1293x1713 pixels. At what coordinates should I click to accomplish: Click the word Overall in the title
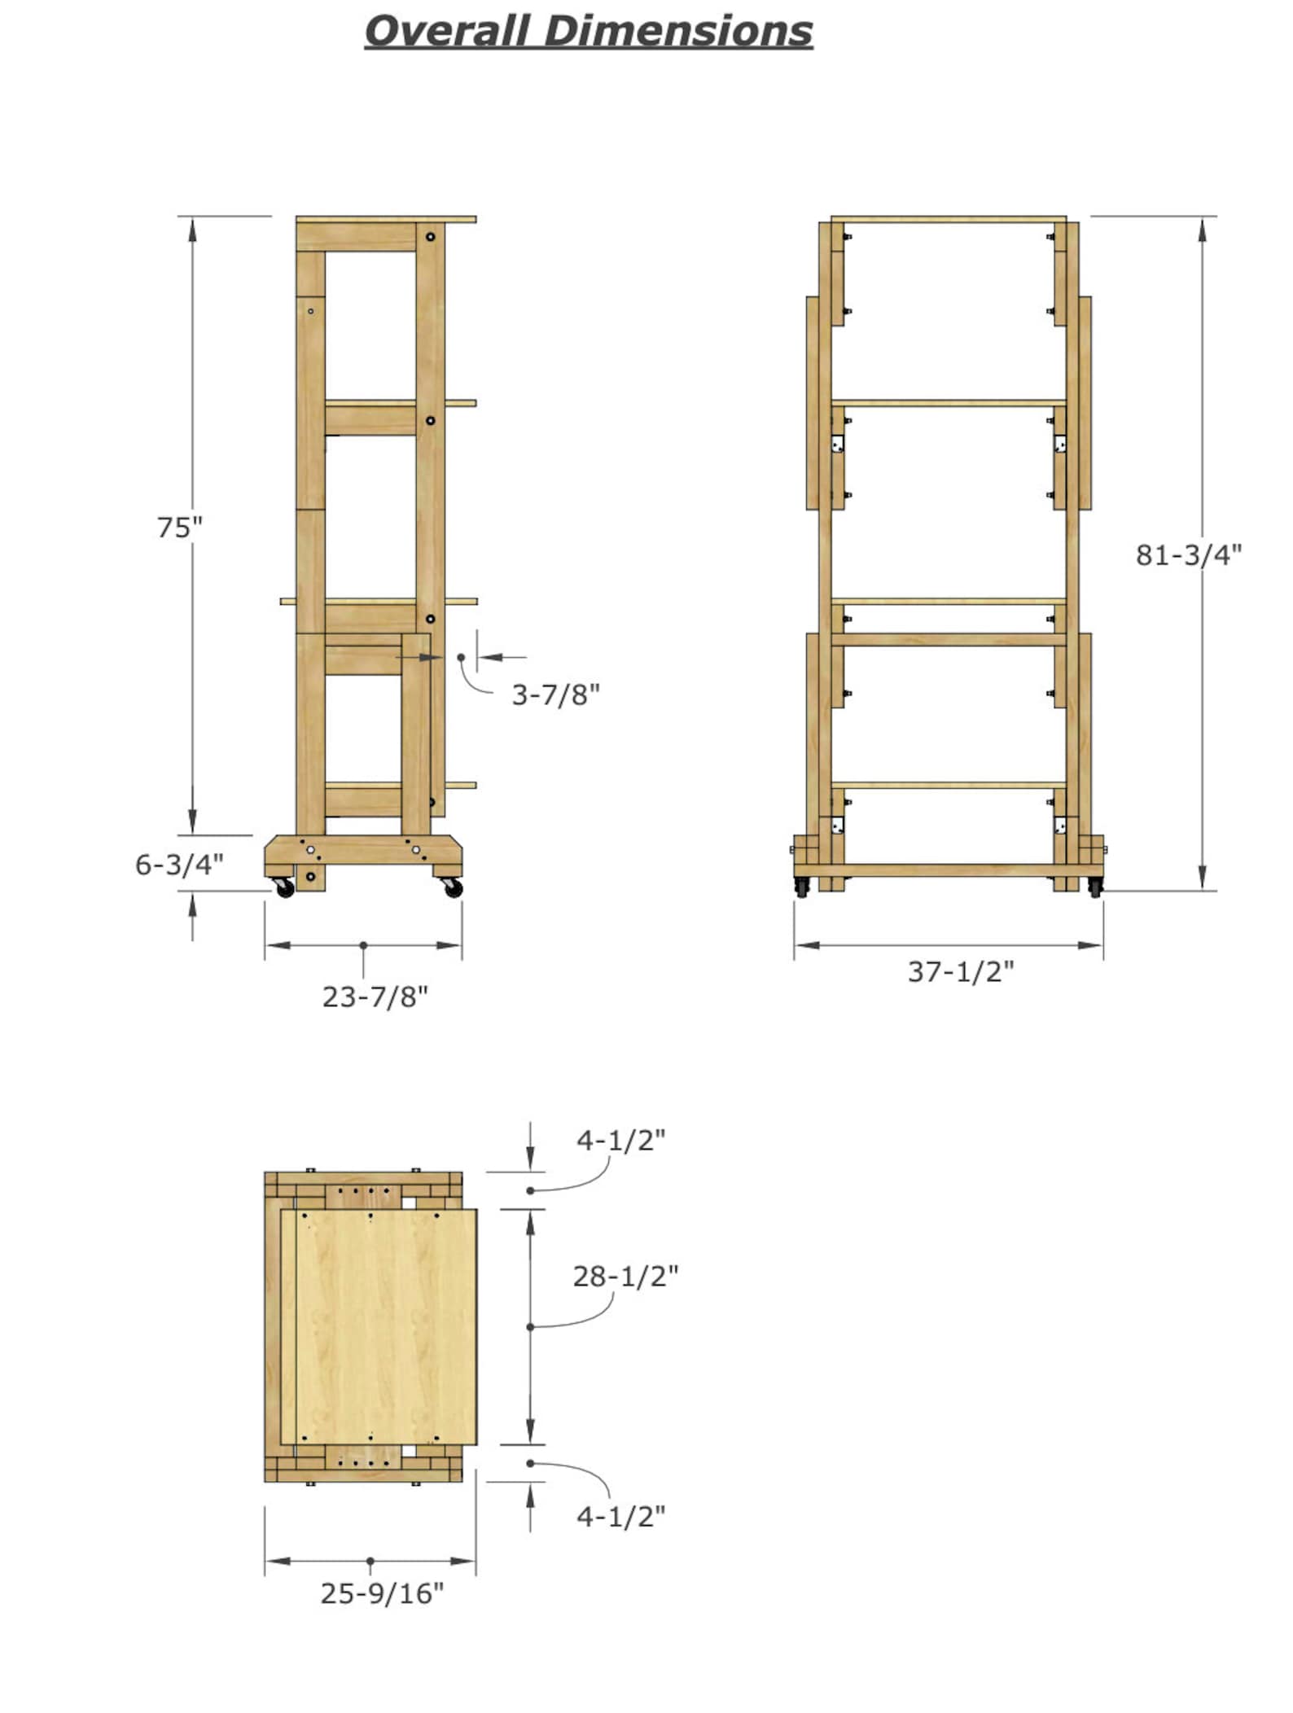click(448, 31)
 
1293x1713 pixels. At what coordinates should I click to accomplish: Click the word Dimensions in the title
click(677, 31)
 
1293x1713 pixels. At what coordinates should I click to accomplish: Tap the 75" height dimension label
click(179, 528)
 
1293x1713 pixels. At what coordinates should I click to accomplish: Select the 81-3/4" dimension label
click(1188, 554)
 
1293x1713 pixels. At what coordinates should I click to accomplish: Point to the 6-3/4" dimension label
click(179, 864)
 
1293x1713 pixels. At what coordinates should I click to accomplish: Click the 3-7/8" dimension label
click(555, 694)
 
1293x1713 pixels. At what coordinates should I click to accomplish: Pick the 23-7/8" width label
click(375, 997)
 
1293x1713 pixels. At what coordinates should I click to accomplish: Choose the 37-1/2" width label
click(961, 971)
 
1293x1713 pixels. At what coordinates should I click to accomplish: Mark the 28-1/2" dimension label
click(625, 1276)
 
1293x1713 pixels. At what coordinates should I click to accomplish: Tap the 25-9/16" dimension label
click(382, 1593)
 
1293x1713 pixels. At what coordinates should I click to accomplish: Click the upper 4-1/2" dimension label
click(620, 1140)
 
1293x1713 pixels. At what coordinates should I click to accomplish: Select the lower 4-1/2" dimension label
click(620, 1516)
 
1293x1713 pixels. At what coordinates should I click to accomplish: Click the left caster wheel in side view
click(285, 888)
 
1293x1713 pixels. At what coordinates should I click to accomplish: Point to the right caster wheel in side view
click(454, 888)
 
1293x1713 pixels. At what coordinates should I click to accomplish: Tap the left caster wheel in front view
click(802, 887)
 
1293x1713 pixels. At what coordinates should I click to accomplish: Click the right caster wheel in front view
click(1094, 887)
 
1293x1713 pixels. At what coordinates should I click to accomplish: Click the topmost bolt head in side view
click(430, 237)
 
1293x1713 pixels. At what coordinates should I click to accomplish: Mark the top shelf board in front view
click(949, 219)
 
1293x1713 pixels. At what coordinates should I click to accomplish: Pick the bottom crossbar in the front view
click(949, 870)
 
